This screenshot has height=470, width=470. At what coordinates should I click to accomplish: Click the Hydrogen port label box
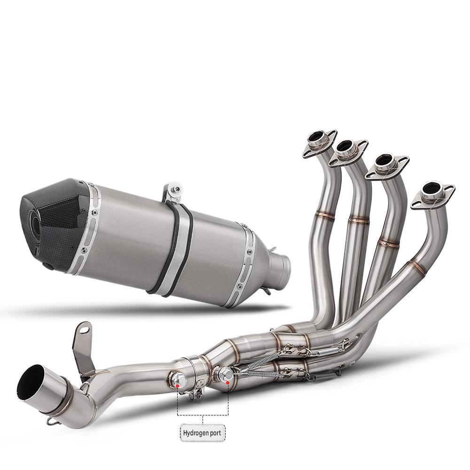click(x=202, y=432)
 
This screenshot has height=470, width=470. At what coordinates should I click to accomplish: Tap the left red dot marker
click(x=178, y=385)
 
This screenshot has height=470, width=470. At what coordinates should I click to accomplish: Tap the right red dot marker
click(x=228, y=383)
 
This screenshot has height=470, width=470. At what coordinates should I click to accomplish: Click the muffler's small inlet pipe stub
click(x=280, y=265)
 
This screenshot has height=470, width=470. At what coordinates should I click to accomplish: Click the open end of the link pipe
click(x=31, y=383)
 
